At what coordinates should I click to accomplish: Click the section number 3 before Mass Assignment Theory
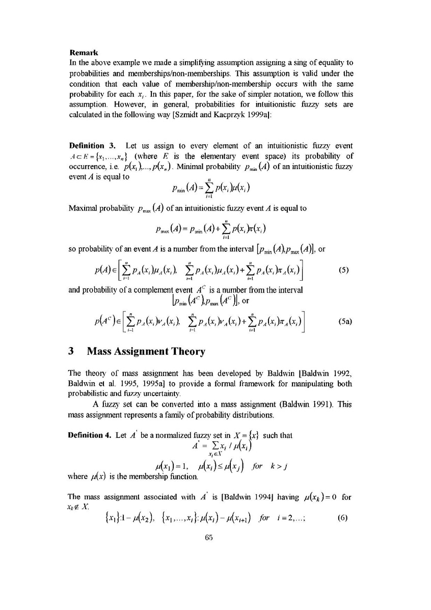[x=71, y=351]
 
